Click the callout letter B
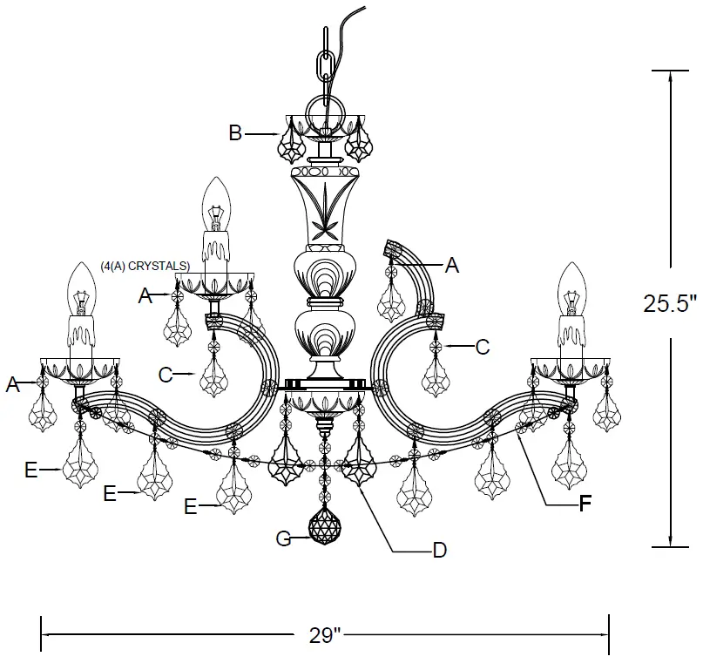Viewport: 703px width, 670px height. click(x=235, y=133)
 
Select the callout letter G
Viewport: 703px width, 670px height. click(x=282, y=539)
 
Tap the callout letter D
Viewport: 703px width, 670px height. click(x=440, y=550)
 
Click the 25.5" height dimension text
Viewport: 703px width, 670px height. click(x=670, y=303)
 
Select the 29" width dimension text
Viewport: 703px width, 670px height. click(x=324, y=635)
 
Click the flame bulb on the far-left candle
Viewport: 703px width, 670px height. click(x=81, y=290)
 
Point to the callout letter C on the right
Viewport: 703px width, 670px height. click(x=482, y=347)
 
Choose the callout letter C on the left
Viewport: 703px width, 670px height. click(x=166, y=375)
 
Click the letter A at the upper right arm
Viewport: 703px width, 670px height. click(x=450, y=267)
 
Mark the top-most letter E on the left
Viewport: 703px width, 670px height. click(x=31, y=470)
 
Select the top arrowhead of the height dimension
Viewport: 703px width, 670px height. click(x=670, y=76)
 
